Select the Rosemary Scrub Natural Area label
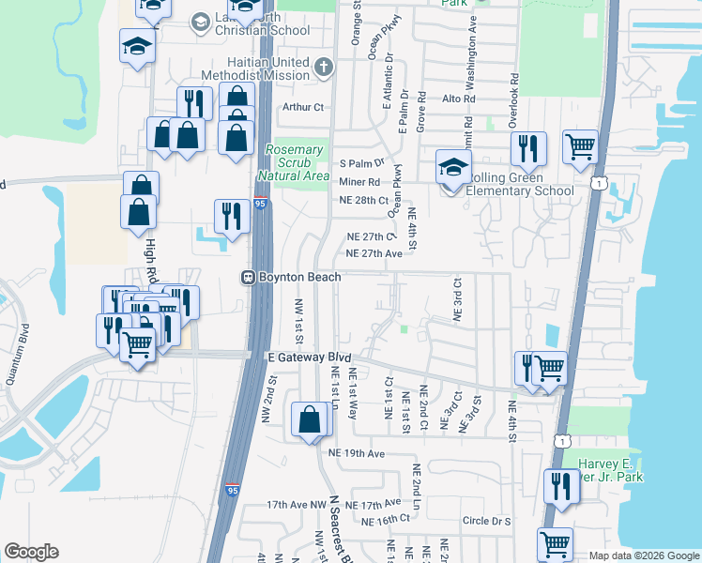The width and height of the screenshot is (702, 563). click(x=298, y=162)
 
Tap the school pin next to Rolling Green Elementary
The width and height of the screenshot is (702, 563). click(x=452, y=169)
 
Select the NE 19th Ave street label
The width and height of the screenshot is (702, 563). click(x=358, y=453)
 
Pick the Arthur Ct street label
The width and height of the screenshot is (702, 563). click(x=303, y=108)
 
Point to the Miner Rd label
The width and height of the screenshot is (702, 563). click(x=359, y=181)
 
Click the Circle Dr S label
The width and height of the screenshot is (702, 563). click(x=487, y=521)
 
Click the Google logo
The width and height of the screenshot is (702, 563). click(x=31, y=552)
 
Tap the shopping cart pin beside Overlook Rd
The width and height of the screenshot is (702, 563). click(x=580, y=145)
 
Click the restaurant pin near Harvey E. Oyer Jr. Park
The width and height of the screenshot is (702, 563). click(x=561, y=486)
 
